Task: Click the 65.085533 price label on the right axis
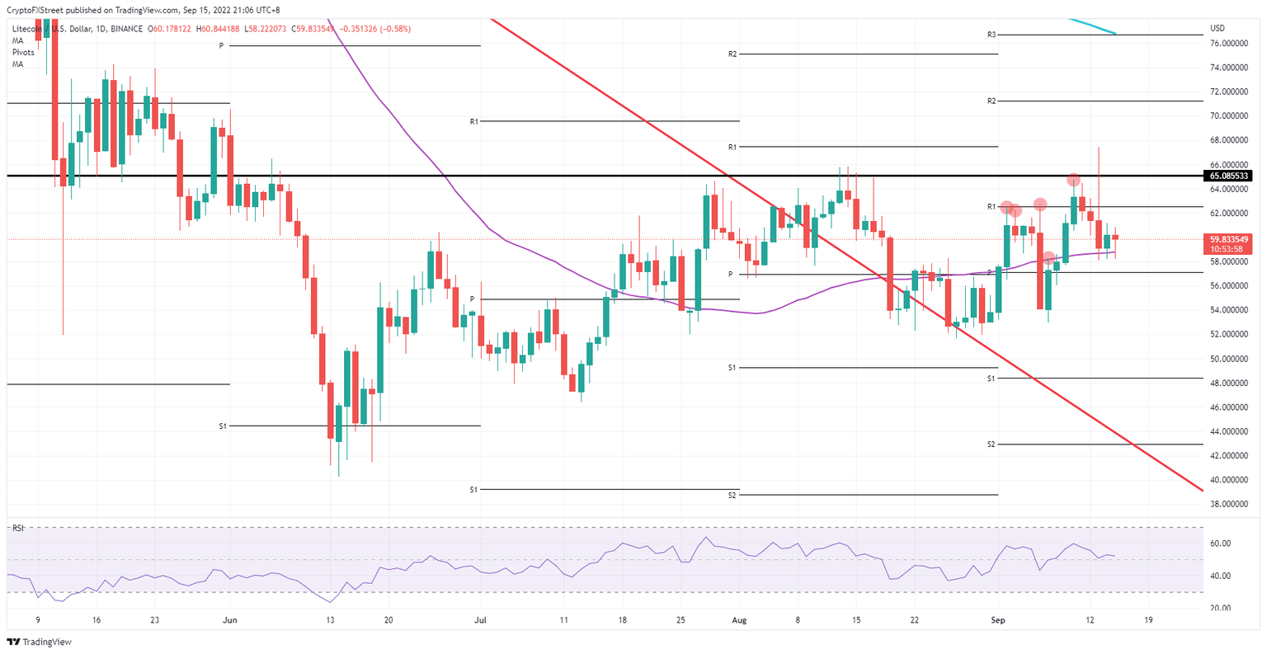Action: (1229, 176)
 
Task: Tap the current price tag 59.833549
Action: (1229, 238)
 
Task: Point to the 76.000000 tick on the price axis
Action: (1227, 43)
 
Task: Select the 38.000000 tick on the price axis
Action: (1227, 503)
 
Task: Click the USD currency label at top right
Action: (1217, 28)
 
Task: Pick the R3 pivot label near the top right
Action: (991, 35)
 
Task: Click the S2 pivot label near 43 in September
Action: (991, 445)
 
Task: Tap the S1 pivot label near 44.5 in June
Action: (223, 426)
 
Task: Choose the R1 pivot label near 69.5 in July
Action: (474, 121)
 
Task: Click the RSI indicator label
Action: (18, 528)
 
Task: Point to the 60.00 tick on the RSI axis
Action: (1220, 543)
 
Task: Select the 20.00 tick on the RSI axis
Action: (1220, 608)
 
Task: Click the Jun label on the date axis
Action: (230, 620)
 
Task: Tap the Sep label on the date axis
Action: (997, 620)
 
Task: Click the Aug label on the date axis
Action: (739, 620)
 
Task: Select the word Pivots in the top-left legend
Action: (23, 52)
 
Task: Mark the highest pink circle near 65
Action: (1073, 179)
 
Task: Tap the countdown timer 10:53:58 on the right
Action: (1226, 248)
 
